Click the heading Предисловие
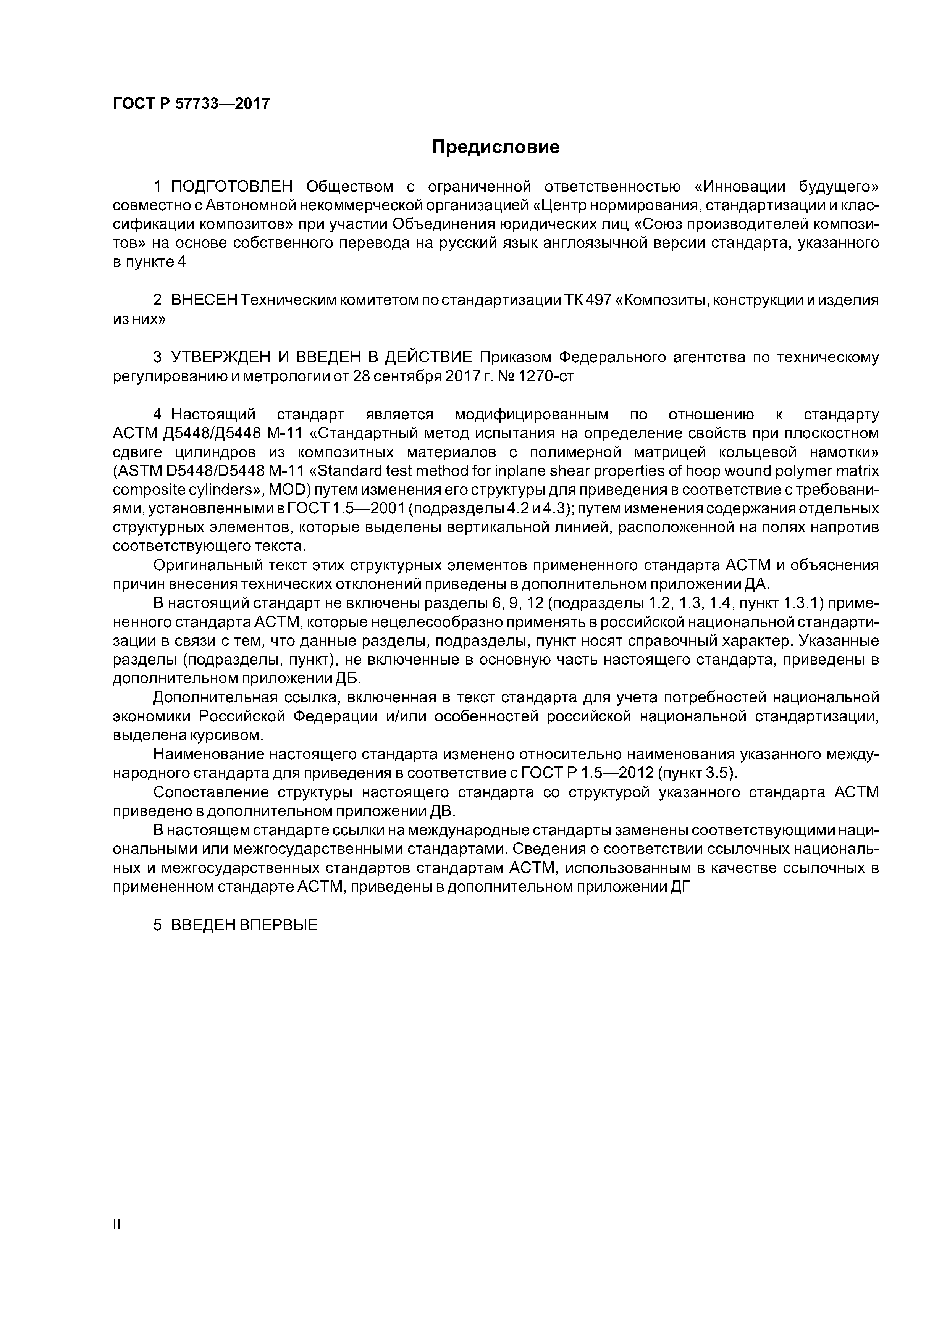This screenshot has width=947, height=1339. [495, 147]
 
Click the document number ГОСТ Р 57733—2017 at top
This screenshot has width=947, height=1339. [191, 104]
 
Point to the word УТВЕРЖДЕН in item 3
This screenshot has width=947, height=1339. [225, 357]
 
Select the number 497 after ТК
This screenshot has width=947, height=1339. [598, 300]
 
